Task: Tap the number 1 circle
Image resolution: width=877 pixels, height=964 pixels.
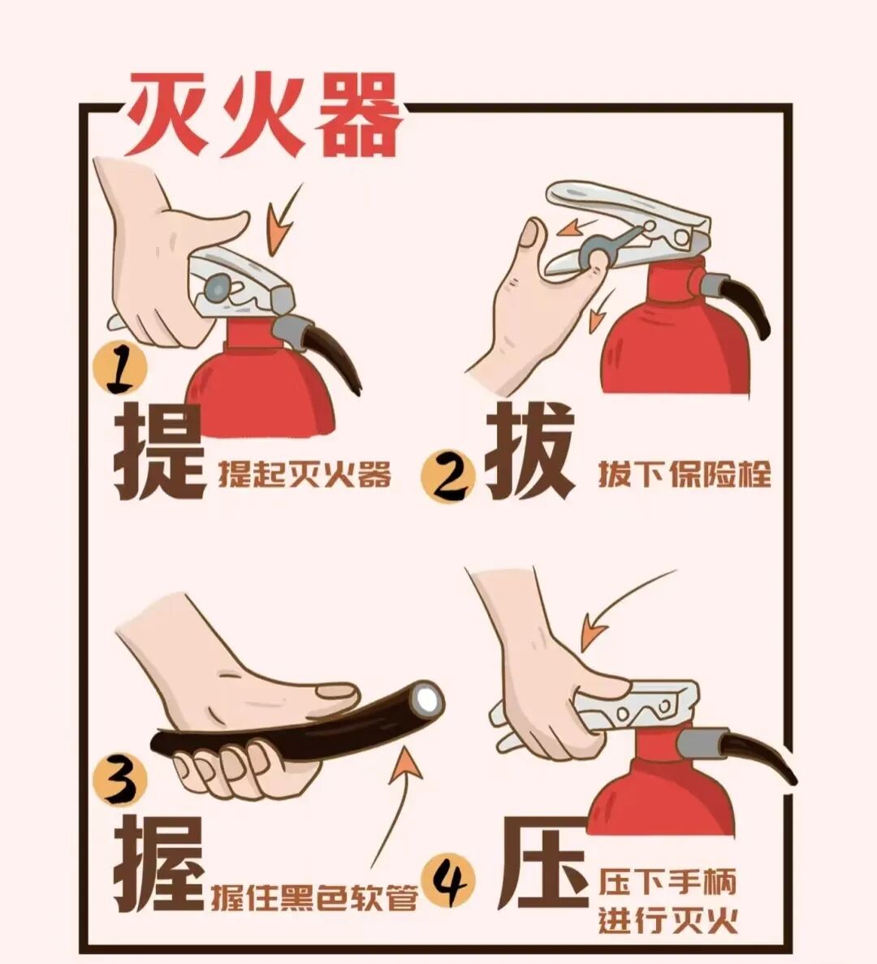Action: click(120, 370)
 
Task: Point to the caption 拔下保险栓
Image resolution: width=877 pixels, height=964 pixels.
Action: click(684, 473)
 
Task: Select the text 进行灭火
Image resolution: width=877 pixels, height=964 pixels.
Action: click(667, 921)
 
